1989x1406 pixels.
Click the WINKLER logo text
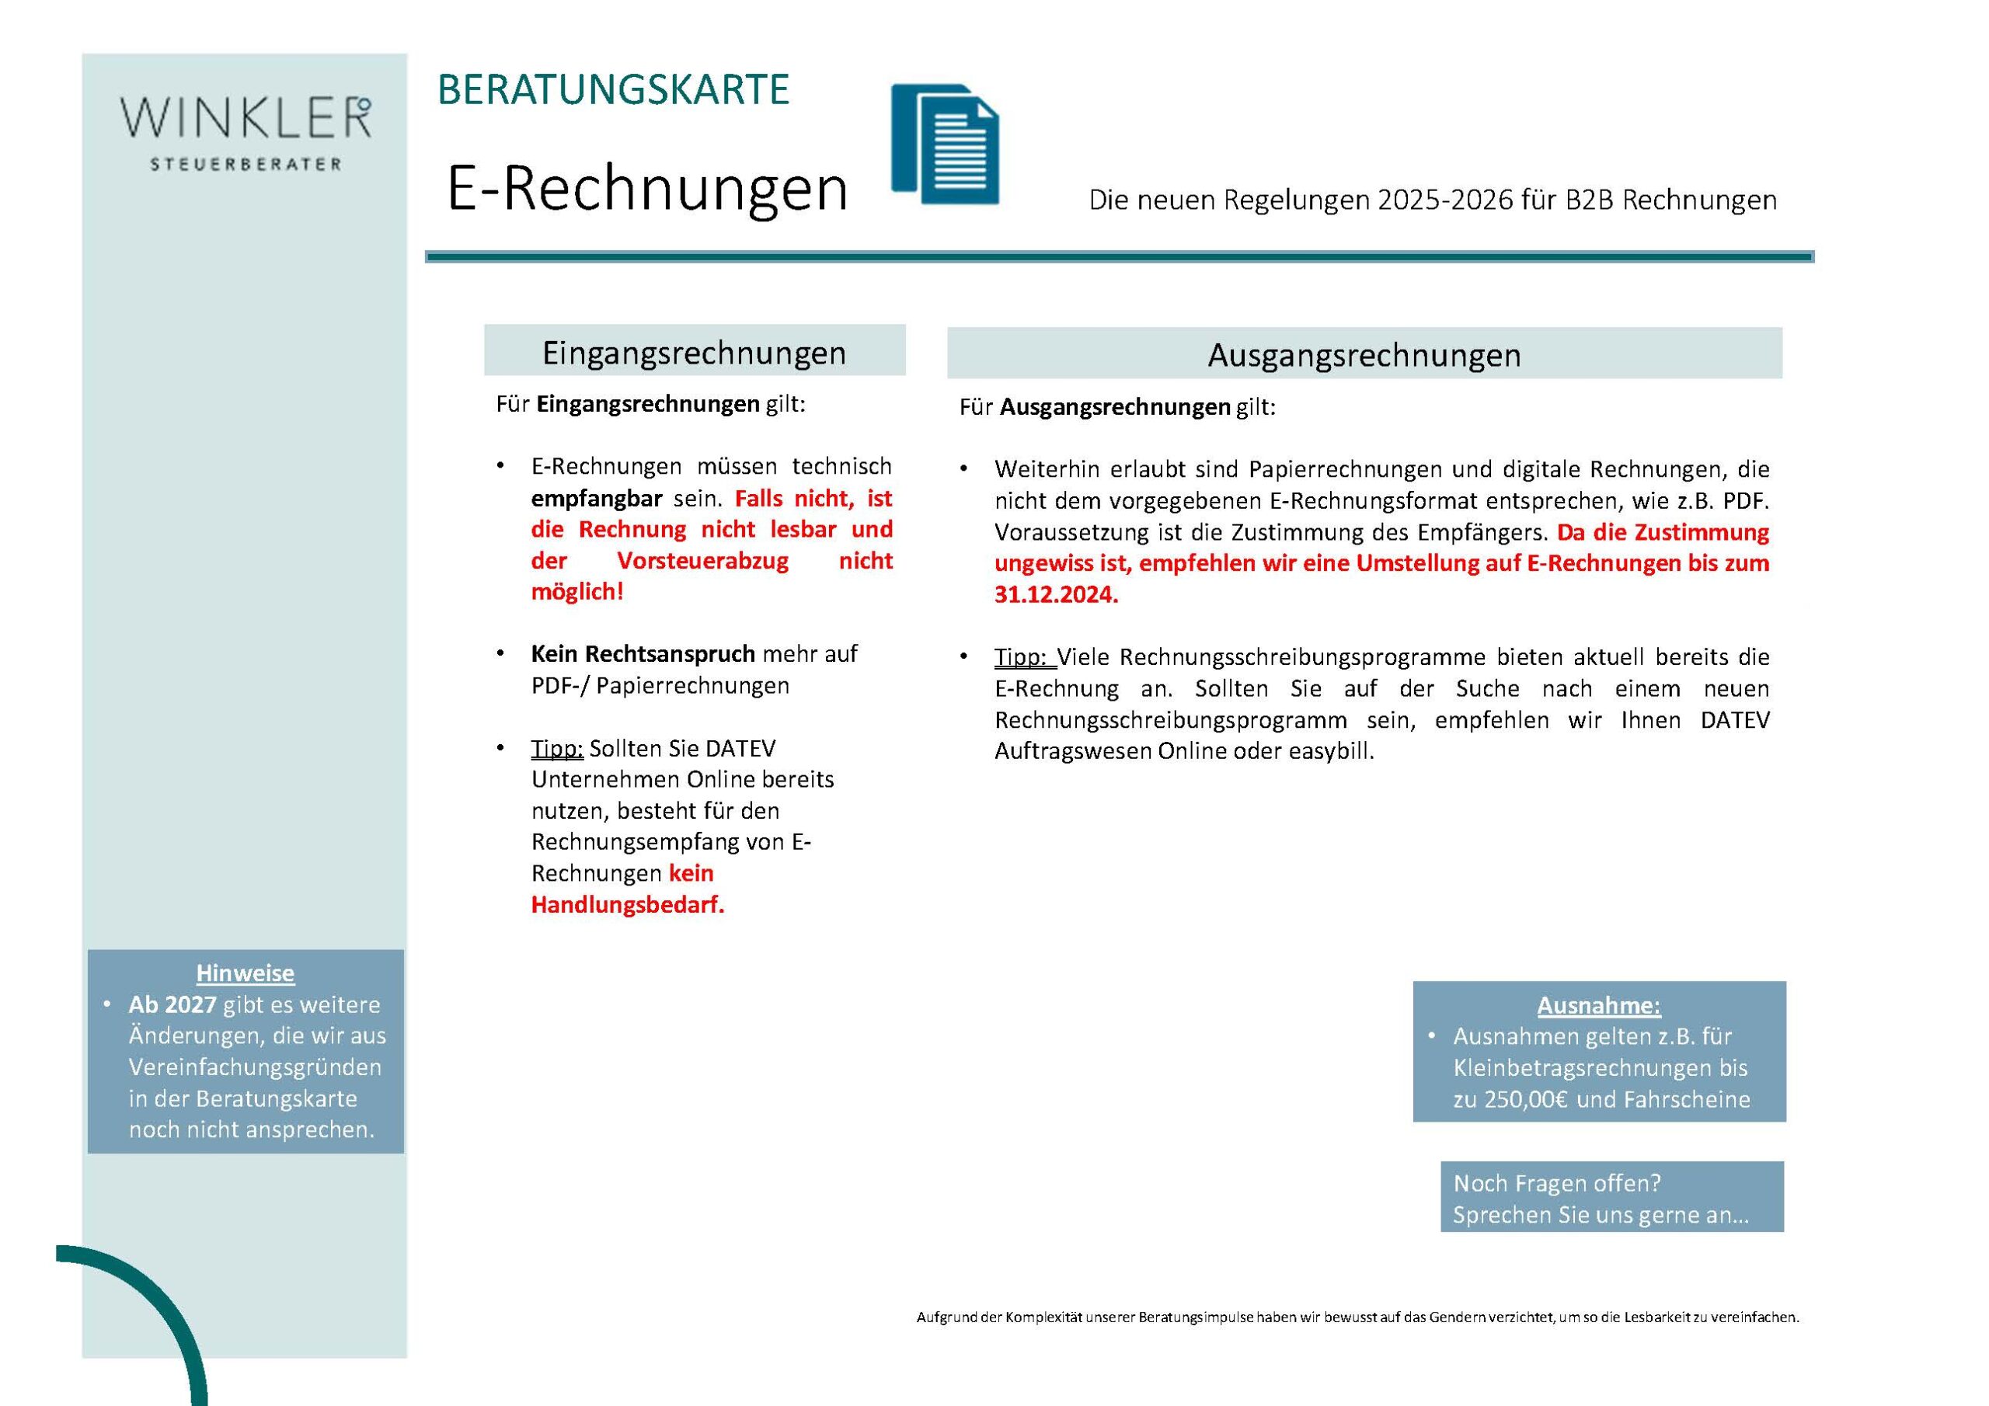click(246, 119)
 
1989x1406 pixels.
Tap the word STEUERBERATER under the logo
click(246, 165)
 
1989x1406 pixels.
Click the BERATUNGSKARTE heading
click(612, 90)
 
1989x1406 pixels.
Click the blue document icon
click(945, 144)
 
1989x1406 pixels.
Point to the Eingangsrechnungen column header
click(694, 352)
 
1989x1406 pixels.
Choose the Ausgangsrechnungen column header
click(1364, 355)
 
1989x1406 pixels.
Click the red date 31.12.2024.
click(1056, 595)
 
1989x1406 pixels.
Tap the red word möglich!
click(577, 593)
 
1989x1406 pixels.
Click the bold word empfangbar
click(596, 499)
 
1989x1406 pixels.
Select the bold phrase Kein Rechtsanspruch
click(642, 654)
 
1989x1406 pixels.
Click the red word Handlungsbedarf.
click(627, 905)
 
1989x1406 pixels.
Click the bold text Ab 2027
click(172, 1005)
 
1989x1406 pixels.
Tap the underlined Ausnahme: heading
click(1598, 1006)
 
